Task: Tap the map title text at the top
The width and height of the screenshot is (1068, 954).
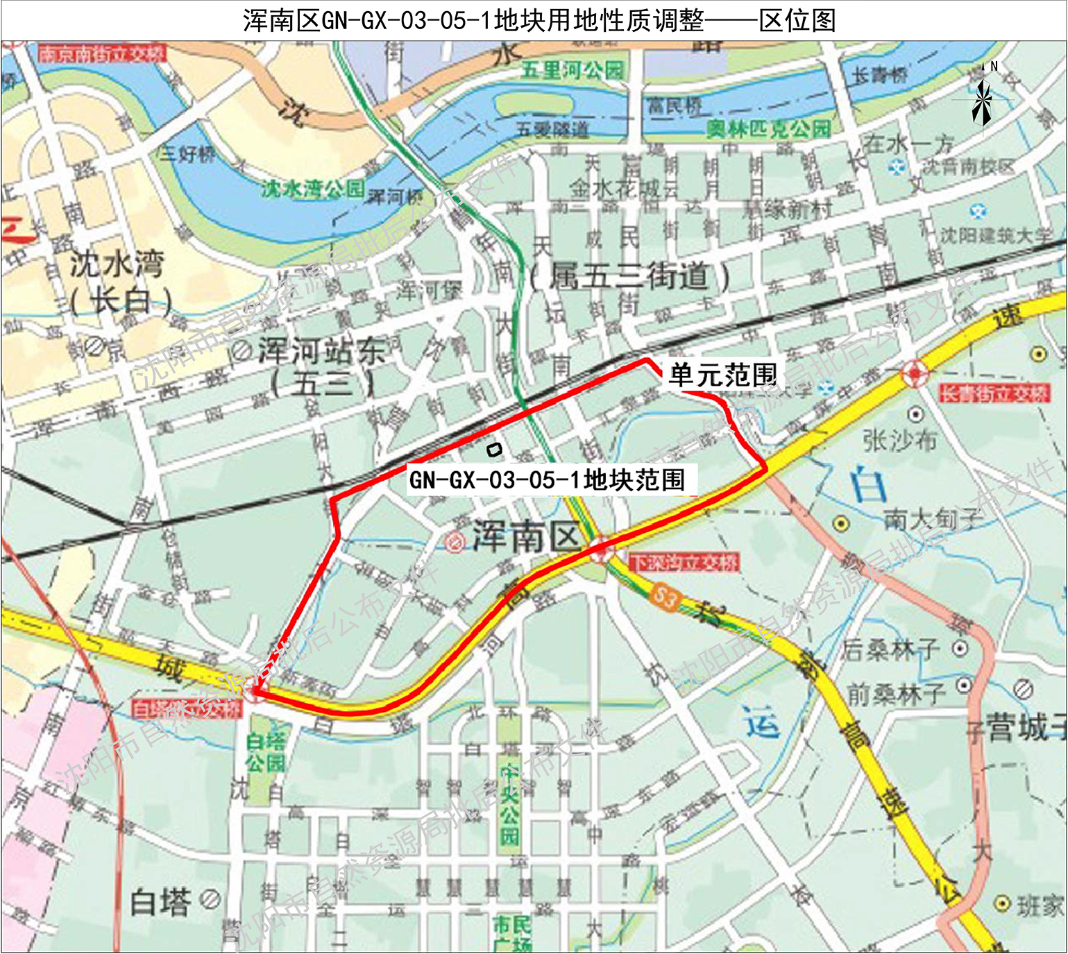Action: [x=539, y=20]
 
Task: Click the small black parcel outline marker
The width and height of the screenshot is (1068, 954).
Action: [x=493, y=450]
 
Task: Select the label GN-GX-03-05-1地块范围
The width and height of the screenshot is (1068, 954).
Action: [x=547, y=479]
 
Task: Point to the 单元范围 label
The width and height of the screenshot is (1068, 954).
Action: [x=722, y=375]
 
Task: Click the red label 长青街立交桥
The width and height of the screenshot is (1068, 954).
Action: [x=994, y=393]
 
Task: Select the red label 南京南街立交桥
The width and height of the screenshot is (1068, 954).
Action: [x=102, y=53]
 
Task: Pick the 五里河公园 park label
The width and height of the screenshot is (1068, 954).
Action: [x=573, y=70]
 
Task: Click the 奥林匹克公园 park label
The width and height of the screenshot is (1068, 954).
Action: [x=768, y=128]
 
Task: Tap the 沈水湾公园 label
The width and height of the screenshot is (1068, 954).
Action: [x=312, y=189]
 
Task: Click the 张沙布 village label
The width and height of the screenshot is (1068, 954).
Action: [x=899, y=440]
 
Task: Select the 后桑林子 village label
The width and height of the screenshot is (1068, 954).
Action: [x=891, y=649]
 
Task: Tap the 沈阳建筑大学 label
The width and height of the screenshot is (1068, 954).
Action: [x=996, y=236]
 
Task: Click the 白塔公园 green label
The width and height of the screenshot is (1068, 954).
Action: [x=266, y=752]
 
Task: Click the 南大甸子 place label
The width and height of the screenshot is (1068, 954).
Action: [x=933, y=519]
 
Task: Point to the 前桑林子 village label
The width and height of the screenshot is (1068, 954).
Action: [x=895, y=693]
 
